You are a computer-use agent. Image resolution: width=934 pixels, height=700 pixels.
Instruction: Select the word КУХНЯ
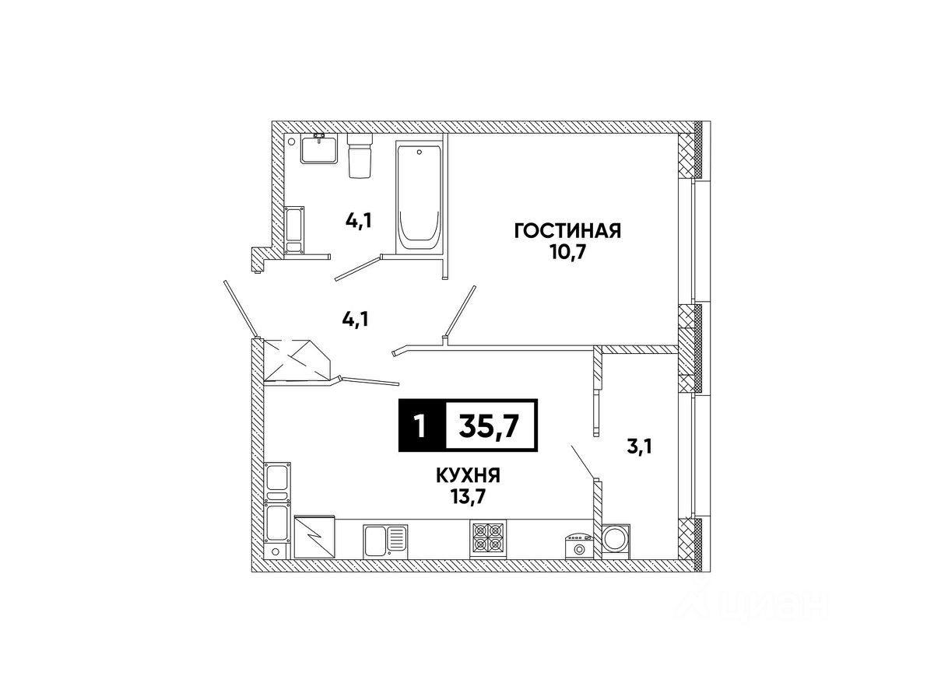468,474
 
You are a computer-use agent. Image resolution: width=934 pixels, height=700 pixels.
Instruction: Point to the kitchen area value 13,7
468,495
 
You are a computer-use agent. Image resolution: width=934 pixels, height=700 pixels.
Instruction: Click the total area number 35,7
490,426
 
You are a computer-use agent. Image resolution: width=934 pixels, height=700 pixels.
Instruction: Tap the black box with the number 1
420,426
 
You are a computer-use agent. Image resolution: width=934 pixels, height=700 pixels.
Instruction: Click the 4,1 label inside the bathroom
359,221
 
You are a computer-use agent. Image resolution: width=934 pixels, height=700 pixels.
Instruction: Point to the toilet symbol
359,156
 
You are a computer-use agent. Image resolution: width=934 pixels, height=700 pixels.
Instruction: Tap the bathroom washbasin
319,148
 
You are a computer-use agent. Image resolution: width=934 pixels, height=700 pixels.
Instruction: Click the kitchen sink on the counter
385,538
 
